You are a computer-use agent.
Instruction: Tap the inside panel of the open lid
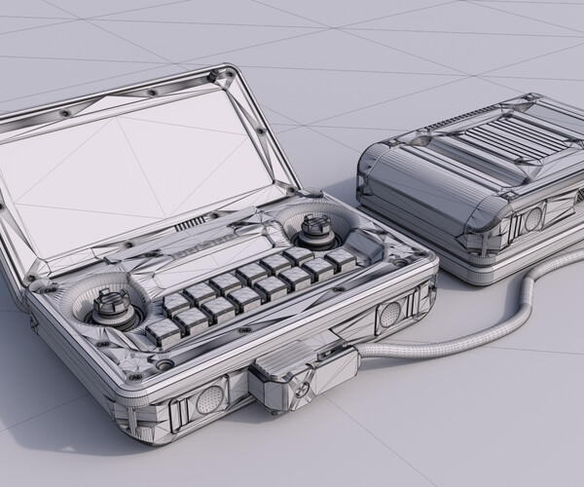(x=146, y=166)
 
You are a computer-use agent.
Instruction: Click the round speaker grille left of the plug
(x=208, y=398)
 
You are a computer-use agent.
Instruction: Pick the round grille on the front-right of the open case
(x=389, y=314)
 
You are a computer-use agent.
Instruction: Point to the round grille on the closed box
(x=532, y=219)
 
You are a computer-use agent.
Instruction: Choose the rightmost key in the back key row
(x=341, y=257)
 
